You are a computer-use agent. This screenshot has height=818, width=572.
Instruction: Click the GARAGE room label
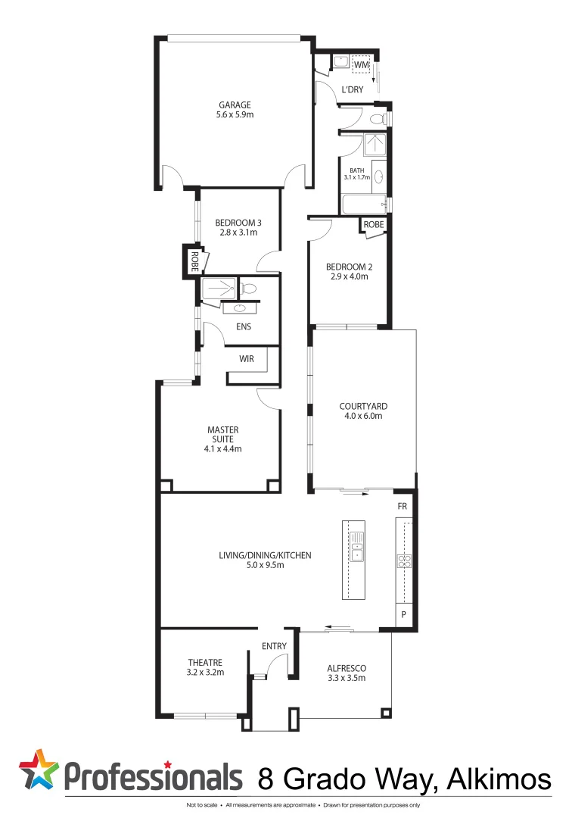point(235,105)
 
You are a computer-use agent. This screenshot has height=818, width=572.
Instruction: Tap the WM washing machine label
point(361,67)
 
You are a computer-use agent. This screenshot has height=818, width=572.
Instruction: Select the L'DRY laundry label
point(353,89)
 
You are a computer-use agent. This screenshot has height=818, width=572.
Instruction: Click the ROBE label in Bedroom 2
point(374,225)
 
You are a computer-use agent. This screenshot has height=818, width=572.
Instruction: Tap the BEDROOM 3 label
point(238,222)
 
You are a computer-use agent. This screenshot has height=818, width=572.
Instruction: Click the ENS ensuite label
point(244,327)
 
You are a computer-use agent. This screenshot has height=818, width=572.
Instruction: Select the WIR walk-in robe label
point(247,359)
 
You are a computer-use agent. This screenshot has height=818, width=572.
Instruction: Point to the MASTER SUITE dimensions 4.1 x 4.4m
point(222,448)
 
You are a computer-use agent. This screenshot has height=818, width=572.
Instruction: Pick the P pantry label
point(404,615)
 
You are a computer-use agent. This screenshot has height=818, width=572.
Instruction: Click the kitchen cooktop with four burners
point(404,561)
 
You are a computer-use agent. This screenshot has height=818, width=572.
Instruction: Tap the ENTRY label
point(274,646)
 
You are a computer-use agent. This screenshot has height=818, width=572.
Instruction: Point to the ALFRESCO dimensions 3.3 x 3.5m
point(346,678)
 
